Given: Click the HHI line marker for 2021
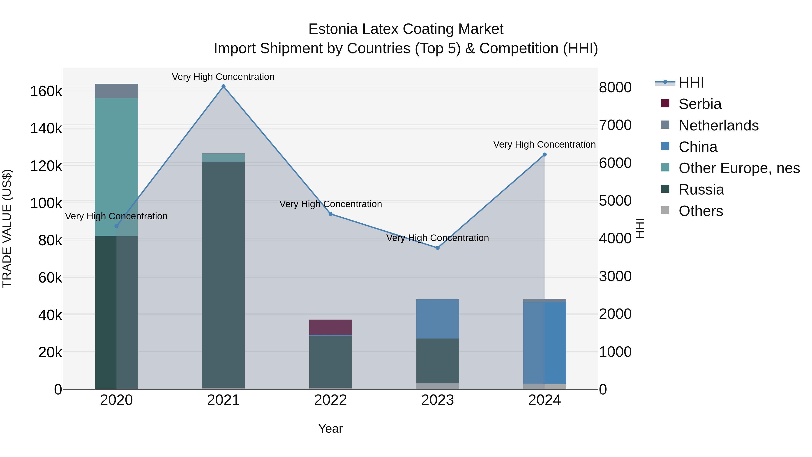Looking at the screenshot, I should coord(224,86).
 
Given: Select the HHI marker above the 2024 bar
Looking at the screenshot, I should coord(544,155).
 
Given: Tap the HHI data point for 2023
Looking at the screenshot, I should coord(438,248).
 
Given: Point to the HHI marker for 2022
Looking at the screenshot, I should coord(331,214).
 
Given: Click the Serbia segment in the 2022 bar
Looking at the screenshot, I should coord(330,327).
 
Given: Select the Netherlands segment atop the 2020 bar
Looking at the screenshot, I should coord(116,91).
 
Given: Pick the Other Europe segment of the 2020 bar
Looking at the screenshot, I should coord(116,167).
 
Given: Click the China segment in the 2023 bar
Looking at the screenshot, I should coord(438,318).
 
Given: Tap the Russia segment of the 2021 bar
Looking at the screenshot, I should coord(224,274).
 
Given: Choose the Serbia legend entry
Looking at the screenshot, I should coord(700,104).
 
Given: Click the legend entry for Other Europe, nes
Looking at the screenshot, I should coord(739,168).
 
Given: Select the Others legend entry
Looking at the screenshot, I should coord(701,211).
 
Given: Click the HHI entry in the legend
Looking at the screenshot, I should coord(691,83).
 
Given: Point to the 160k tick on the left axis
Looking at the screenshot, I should coord(46,91).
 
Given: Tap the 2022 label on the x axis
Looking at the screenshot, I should coord(330,400).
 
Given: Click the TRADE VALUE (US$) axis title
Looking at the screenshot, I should coord(7,228).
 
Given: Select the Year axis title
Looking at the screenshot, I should coord(330,429).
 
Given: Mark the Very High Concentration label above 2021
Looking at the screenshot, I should coord(223,77).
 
